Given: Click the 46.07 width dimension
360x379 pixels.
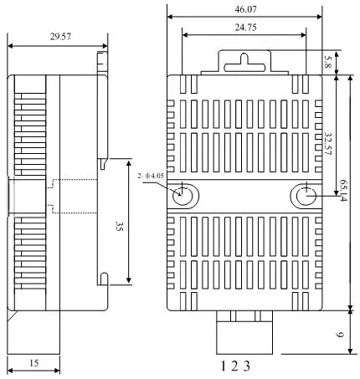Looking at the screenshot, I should pos(244,8).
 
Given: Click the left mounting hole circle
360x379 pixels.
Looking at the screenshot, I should pos(183,195).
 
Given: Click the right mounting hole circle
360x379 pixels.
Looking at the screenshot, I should pos(305,195).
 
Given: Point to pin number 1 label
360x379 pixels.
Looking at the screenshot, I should pos(223,366).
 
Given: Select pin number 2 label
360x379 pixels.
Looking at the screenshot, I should pos(235,366).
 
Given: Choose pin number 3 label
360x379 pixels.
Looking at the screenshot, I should pos(248,366).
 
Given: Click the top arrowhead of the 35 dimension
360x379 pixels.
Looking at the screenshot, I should pos(128,161).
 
